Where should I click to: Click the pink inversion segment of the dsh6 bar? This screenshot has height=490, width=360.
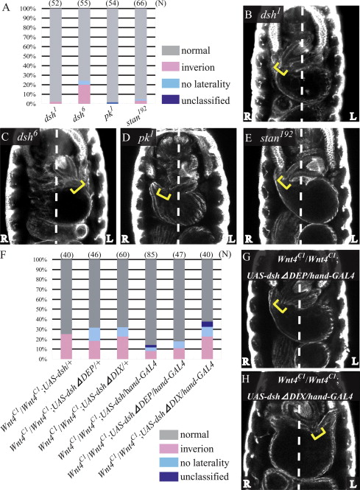pos(84,94)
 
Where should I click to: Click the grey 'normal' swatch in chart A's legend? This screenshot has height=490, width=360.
pos(171,50)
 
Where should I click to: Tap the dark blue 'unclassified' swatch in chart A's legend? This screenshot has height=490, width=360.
pos(171,99)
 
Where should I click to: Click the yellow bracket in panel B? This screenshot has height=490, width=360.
pos(280,69)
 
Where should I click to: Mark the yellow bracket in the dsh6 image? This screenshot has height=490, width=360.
pos(78,187)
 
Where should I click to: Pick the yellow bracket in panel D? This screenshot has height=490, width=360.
pos(163,194)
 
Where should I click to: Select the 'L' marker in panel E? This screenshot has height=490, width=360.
pos(353,239)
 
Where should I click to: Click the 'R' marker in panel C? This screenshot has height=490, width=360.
pos(4,239)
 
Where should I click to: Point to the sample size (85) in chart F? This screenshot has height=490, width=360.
pos(151,255)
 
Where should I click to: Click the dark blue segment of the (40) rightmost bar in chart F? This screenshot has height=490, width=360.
pos(208,324)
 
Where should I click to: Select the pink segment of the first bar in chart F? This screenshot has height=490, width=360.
pos(66,346)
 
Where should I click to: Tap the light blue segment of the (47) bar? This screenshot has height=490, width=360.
pos(179,345)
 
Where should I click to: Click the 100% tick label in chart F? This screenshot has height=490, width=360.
pos(40,259)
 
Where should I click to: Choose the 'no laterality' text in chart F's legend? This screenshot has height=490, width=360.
pos(205,463)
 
